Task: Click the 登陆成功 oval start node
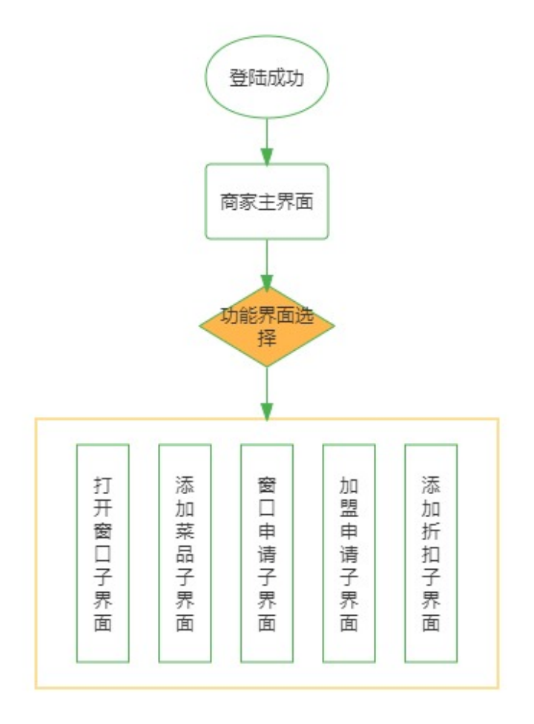pyautogui.click(x=266, y=79)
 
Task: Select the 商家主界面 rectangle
pyautogui.click(x=266, y=201)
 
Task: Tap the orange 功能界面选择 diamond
pyautogui.click(x=266, y=326)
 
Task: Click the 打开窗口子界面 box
pyautogui.click(x=103, y=553)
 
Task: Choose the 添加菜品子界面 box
pyautogui.click(x=185, y=553)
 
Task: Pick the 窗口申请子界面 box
pyautogui.click(x=266, y=553)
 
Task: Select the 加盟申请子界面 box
pyautogui.click(x=349, y=553)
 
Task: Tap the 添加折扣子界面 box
pyautogui.click(x=430, y=553)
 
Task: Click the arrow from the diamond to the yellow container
pyautogui.click(x=266, y=393)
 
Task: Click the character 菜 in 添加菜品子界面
pyautogui.click(x=185, y=530)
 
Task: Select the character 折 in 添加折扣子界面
pyautogui.click(x=430, y=530)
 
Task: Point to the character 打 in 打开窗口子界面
pyautogui.click(x=103, y=486)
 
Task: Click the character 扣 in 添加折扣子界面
pyautogui.click(x=430, y=553)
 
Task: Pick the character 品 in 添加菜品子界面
pyautogui.click(x=185, y=553)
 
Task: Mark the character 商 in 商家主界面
pyautogui.click(x=228, y=202)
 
